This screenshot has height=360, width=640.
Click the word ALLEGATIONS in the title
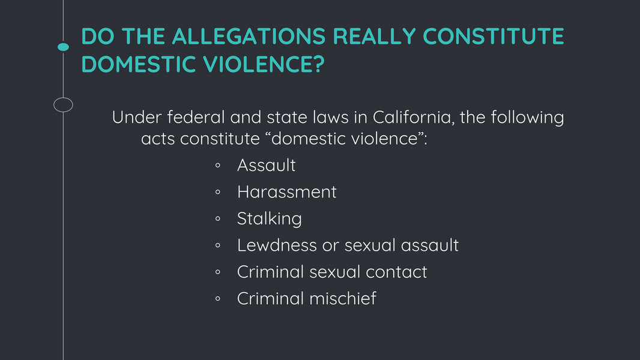tap(249, 36)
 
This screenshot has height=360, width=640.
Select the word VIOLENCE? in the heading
tap(264, 64)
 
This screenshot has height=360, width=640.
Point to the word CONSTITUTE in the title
tap(493, 36)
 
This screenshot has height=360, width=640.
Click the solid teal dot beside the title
tap(63, 47)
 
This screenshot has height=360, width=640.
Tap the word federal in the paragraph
tap(196, 118)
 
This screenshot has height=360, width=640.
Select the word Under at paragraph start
tap(137, 118)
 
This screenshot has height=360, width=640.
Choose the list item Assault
tap(266, 165)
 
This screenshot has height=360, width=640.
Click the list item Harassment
tap(287, 192)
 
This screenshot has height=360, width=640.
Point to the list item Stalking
tap(270, 219)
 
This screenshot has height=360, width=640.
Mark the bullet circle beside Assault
tap(218, 166)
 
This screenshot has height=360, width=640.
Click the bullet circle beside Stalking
tap(218, 219)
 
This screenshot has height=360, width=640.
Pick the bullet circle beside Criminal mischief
tap(218, 299)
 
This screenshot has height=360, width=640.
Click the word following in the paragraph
tap(527, 118)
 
